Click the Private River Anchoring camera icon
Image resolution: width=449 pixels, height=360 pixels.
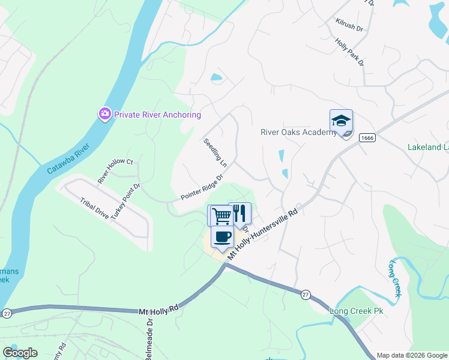tap(105, 114)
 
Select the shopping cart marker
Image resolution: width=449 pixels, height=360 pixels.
tap(220, 216)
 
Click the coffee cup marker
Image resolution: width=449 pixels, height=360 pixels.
tap(222, 238)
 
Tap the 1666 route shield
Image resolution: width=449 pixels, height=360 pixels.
tap(367, 138)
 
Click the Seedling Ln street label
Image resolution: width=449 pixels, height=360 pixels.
tap(215, 153)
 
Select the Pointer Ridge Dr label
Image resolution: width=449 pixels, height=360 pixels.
tap(202, 188)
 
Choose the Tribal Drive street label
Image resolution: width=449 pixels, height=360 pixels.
tap(94, 207)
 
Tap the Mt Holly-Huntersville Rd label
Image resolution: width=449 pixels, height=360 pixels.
tap(263, 234)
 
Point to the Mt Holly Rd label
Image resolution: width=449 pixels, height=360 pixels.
tap(159, 310)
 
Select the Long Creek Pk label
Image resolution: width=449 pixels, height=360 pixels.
tap(356, 311)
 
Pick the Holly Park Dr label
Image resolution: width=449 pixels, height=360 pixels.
tap(350, 52)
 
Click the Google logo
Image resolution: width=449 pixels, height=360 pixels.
tap(20, 353)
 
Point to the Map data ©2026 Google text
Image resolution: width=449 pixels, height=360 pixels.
tap(411, 355)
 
